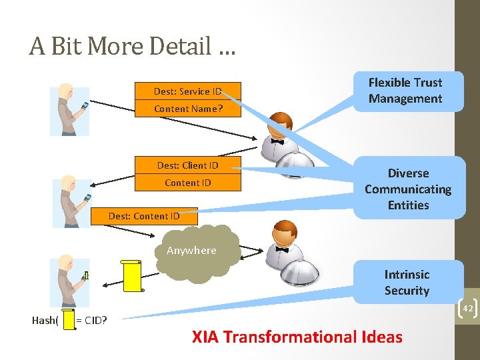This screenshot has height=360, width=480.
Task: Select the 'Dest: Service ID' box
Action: point(187,91)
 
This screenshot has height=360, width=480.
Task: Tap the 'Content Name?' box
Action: point(187,109)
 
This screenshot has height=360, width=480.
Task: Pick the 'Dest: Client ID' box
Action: point(187,165)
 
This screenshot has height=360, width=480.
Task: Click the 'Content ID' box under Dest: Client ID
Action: point(187,183)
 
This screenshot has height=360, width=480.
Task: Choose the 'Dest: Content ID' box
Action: point(144,215)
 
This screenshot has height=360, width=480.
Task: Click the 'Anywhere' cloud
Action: point(193,251)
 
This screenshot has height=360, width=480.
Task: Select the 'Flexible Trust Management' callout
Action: point(405,91)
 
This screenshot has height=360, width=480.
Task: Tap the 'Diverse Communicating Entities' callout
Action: point(408,189)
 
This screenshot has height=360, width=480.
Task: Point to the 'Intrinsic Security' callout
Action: point(407,282)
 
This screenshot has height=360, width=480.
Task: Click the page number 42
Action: point(467,308)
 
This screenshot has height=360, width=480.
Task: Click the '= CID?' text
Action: point(92,321)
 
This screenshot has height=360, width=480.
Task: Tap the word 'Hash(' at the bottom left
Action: point(45,321)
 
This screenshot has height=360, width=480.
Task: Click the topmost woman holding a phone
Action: point(69,110)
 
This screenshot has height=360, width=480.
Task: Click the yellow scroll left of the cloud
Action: point(133,275)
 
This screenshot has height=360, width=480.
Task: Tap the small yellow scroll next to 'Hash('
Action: point(67,319)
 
